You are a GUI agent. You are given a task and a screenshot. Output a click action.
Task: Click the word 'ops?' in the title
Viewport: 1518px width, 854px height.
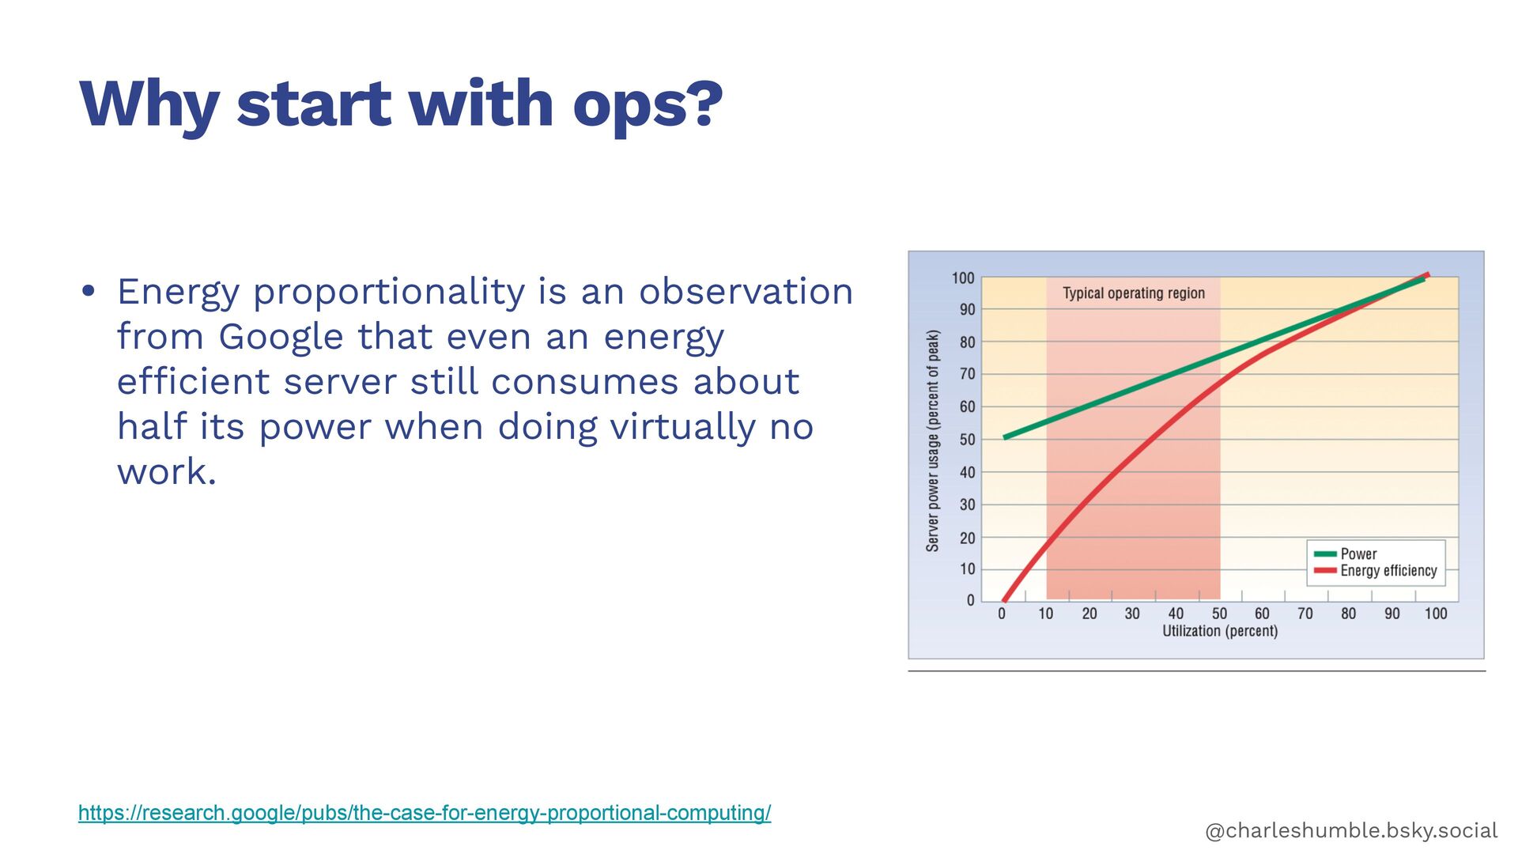(647, 105)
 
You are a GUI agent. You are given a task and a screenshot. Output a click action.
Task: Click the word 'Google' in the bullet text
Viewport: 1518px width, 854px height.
(281, 337)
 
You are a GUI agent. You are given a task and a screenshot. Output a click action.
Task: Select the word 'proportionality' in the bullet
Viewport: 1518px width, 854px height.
(388, 291)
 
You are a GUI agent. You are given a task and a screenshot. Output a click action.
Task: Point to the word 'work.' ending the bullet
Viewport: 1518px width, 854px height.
(166, 472)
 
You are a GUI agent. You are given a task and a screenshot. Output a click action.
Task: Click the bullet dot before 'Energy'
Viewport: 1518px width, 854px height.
(89, 291)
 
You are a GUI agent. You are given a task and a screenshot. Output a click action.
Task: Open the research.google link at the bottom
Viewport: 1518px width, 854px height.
(425, 813)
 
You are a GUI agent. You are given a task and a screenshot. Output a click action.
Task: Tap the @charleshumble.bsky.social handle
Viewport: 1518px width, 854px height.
(1351, 830)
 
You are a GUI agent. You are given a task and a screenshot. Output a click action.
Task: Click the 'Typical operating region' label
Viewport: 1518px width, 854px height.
(1133, 293)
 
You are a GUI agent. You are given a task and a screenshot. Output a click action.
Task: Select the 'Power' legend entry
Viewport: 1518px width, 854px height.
(1358, 554)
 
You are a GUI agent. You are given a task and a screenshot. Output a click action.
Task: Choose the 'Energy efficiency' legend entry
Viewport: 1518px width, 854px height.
(1388, 571)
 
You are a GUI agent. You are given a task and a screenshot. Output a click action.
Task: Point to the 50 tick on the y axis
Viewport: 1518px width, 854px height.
(967, 440)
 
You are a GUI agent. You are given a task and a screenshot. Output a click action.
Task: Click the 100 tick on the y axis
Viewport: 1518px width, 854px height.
(963, 278)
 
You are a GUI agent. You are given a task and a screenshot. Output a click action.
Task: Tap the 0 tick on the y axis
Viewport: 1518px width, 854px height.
(971, 601)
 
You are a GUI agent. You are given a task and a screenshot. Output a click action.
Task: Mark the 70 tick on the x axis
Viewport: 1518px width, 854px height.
(1305, 614)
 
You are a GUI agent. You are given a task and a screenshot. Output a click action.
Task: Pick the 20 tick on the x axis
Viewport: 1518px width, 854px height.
(1089, 614)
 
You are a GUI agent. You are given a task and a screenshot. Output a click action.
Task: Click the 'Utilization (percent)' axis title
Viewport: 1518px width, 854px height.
(1219, 631)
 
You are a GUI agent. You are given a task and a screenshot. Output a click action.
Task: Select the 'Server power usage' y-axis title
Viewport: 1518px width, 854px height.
(933, 440)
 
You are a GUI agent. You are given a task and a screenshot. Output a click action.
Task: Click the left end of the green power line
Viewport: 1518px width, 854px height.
(1006, 437)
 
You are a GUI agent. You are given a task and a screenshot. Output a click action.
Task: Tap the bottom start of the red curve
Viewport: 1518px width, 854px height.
(1004, 600)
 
